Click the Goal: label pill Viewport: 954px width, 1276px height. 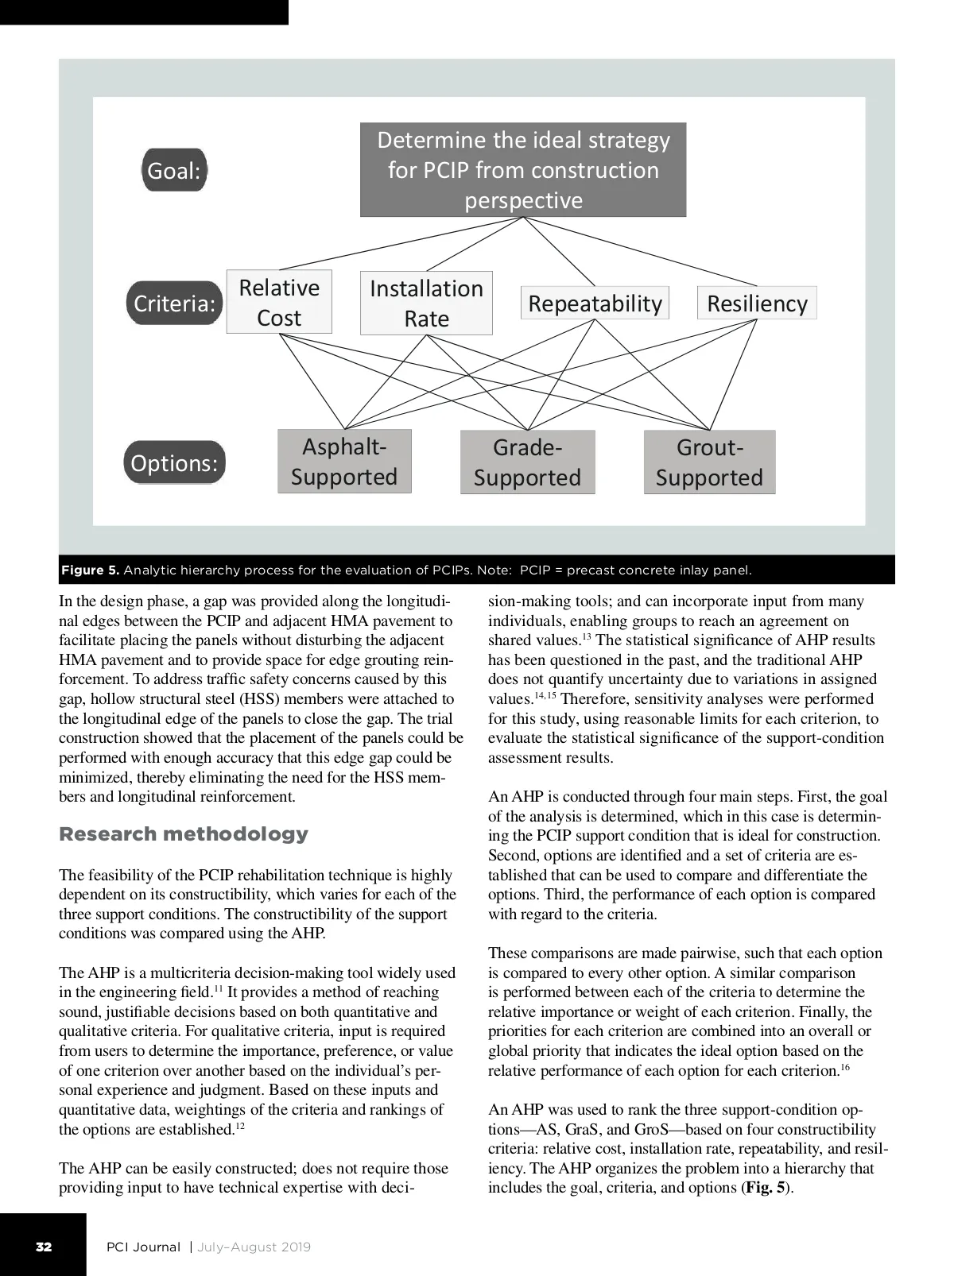coord(174,170)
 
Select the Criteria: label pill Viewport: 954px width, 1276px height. coord(174,303)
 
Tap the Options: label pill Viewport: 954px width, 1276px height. coord(174,462)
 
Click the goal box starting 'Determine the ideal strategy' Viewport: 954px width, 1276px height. coord(523,169)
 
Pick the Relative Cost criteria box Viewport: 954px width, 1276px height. coord(279,302)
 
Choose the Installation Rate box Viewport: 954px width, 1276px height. coord(426,303)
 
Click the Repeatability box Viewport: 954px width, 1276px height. coord(595,303)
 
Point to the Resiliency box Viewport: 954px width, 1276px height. coord(757,303)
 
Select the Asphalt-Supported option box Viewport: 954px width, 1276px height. coord(344,462)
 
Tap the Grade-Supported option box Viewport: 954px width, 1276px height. coord(527,462)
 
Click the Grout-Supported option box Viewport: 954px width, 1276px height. coord(709,462)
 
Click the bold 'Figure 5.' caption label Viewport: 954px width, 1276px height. coord(91,570)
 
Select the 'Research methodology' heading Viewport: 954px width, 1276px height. coord(184,833)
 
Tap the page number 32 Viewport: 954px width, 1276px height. coord(44,1247)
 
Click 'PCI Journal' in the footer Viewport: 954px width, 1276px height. coord(144,1247)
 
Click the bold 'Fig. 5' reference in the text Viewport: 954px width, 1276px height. coord(765,1188)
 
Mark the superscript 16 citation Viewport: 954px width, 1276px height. coord(845,1068)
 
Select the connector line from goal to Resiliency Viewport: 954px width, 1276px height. coord(640,250)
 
